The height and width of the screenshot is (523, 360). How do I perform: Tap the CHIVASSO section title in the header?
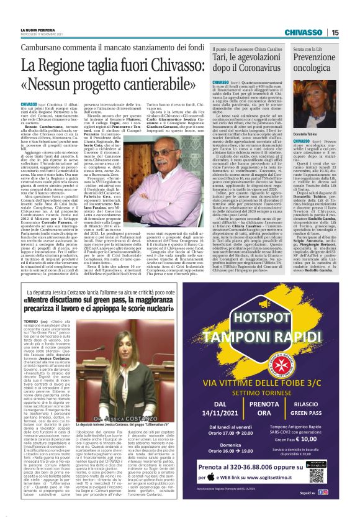pyautogui.click(x=302, y=33)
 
